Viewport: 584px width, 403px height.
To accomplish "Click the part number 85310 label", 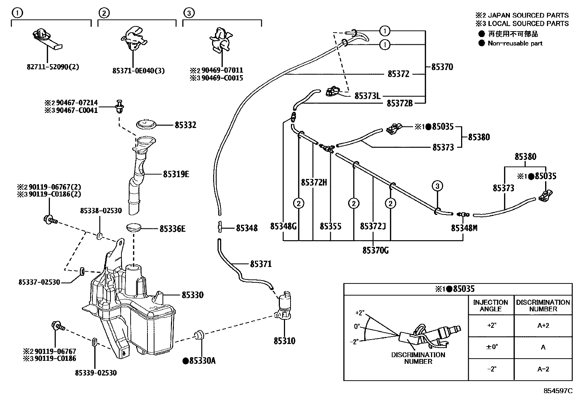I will click(284, 341).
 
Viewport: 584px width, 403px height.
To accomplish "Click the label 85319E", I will click(176, 174).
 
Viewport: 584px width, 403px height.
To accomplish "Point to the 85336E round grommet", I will click(134, 227).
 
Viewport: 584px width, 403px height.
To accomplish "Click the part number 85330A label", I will click(199, 361).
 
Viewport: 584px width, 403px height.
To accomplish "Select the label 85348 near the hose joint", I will click(247, 228).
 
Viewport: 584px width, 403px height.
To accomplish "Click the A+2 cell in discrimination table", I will click(543, 326).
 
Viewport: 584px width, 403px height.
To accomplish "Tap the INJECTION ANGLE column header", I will click(490, 305).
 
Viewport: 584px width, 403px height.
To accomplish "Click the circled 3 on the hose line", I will click(437, 186).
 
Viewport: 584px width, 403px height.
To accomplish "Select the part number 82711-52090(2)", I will click(53, 67).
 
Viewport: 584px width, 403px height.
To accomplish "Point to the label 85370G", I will click(375, 250).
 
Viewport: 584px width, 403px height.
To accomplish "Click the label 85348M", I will click(464, 228).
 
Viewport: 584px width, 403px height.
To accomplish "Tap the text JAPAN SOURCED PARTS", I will click(528, 15).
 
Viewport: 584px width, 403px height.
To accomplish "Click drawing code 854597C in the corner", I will click(558, 391).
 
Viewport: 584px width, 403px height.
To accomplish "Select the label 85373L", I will click(367, 96).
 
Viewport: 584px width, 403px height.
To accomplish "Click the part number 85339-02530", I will click(96, 373).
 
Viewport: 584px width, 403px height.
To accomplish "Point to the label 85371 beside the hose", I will click(261, 264).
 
